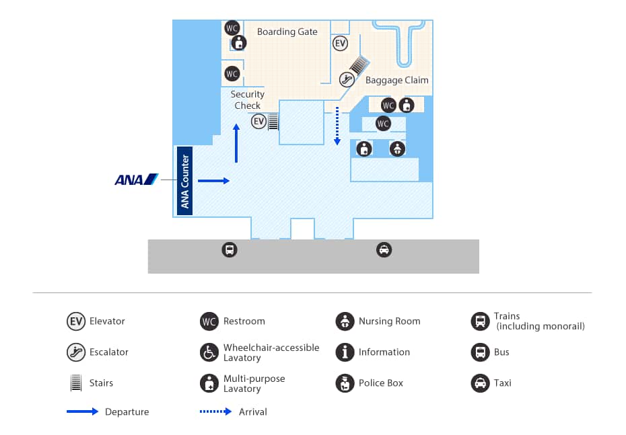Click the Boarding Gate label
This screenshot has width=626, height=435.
(x=287, y=32)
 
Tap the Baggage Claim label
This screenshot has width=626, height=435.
(x=396, y=80)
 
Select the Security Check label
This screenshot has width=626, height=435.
(x=247, y=100)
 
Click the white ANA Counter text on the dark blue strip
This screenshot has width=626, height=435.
(x=185, y=181)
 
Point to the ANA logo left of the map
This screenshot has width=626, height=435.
(x=136, y=180)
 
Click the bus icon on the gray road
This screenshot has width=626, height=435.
(x=230, y=250)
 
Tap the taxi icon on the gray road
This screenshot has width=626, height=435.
(x=384, y=250)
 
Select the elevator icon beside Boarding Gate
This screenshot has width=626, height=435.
(x=341, y=44)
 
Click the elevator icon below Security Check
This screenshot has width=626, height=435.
(x=259, y=122)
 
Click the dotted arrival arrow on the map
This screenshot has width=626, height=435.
(x=337, y=126)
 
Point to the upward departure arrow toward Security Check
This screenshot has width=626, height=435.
(x=236, y=143)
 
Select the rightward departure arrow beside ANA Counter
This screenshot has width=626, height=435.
(x=214, y=180)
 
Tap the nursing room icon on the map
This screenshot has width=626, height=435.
(x=397, y=149)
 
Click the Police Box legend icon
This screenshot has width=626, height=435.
(x=345, y=383)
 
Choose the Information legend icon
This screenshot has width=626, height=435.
(x=345, y=352)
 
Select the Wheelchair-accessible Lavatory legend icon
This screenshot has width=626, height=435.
(x=209, y=352)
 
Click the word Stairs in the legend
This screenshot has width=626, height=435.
(x=102, y=383)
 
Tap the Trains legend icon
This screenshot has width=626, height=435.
(x=479, y=321)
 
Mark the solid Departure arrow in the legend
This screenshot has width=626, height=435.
(x=83, y=411)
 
